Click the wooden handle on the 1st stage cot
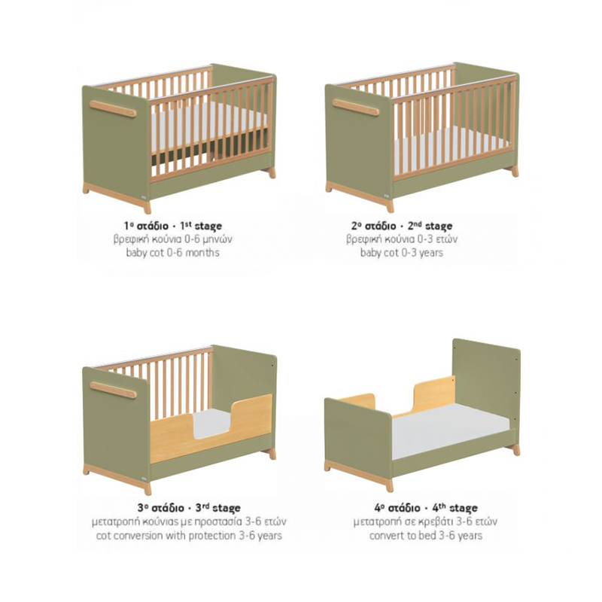click(112, 108)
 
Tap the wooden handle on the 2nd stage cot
click(355, 107)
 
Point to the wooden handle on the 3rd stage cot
click(113, 390)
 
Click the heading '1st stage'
click(201, 226)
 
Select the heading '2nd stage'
click(430, 226)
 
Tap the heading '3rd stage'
click(217, 508)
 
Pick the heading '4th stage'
click(455, 508)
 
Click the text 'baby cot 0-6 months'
click(173, 253)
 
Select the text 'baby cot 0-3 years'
click(402, 253)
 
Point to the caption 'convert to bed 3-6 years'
click(426, 535)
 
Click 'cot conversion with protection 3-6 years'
click(189, 535)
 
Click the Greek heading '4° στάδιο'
click(397, 508)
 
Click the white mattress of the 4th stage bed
click(449, 430)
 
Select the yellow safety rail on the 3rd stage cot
click(211, 428)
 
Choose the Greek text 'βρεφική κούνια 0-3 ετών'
click(402, 239)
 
